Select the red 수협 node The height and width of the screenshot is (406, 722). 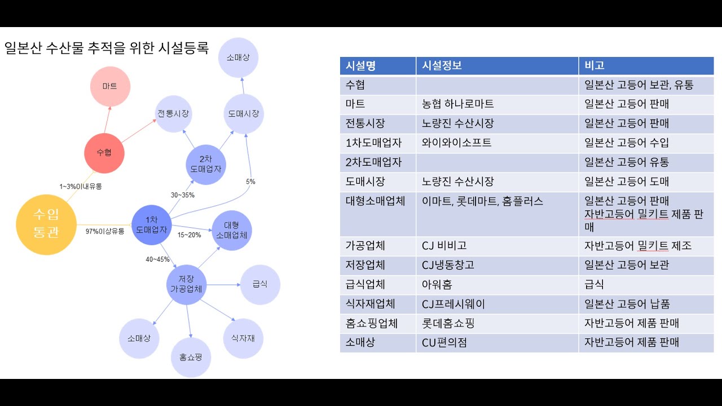coord(104,153)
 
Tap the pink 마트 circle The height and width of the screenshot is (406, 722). coord(110,86)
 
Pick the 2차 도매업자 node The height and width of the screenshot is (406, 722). coord(205,164)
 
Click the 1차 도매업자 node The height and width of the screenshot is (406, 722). coord(151,225)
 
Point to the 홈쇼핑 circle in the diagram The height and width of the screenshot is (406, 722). coord(191,358)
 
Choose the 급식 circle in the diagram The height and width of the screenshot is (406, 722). coord(260,285)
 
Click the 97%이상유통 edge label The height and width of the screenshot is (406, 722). coord(105,231)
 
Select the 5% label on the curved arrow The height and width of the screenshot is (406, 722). coord(250,182)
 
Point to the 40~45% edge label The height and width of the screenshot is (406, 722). coord(157,259)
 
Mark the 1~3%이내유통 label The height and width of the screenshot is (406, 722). coord(81,186)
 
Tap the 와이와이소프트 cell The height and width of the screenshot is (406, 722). coord(456,143)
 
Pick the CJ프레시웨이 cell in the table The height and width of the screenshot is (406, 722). coord(453,304)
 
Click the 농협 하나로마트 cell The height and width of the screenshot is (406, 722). coord(457,104)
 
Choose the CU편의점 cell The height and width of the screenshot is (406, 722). coord(444,342)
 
